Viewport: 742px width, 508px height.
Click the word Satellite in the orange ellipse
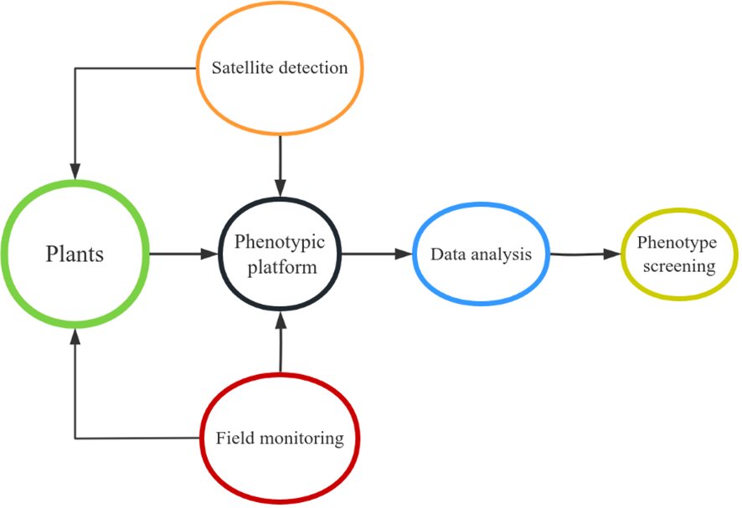pos(238,68)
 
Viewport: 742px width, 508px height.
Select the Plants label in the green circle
pos(75,254)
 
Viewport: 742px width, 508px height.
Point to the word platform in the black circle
pos(279,268)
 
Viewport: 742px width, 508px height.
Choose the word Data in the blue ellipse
pos(447,254)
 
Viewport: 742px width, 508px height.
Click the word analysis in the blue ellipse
pos(501,254)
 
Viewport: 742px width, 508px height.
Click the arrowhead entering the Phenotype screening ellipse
pos(615,254)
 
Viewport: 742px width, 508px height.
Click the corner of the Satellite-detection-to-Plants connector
pos(75,68)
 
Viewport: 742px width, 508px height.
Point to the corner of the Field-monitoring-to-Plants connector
pos(75,438)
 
